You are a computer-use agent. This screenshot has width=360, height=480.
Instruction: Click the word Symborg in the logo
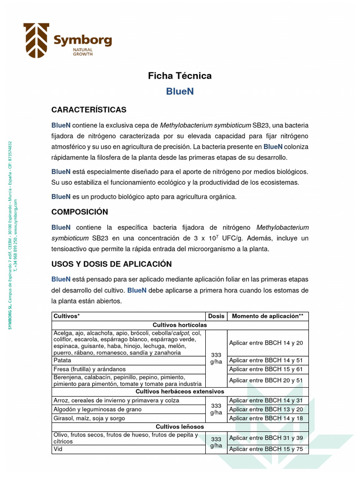coord(82,41)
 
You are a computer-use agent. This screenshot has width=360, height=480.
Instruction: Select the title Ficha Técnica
coord(180,75)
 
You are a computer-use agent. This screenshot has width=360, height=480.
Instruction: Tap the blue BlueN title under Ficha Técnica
coord(180,91)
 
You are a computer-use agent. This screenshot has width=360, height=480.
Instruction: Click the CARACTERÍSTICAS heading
coord(89,110)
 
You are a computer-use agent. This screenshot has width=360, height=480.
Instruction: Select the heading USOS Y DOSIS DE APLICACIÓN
coord(112,264)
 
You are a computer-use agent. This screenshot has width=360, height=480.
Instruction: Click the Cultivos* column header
coord(66,316)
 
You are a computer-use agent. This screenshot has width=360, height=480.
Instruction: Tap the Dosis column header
coord(216,316)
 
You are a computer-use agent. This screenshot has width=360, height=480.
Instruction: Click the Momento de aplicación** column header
coord(268,316)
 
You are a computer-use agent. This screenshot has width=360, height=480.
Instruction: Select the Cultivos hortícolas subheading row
coord(180,325)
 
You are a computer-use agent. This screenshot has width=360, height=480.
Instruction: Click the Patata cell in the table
coord(62,361)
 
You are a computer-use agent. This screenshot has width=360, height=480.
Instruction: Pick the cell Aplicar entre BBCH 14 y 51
coord(266,361)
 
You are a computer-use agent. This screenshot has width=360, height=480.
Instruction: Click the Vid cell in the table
coord(58,449)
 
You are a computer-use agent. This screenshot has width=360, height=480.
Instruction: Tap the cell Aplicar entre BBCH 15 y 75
coord(266,450)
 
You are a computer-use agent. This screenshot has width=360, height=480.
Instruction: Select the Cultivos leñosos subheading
coord(180,427)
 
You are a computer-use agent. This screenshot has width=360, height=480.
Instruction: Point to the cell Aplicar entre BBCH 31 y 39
coord(266,438)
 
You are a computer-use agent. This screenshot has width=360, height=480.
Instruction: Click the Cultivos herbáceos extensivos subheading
coord(180,391)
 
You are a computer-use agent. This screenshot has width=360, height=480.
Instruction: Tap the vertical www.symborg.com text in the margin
coord(15,213)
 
